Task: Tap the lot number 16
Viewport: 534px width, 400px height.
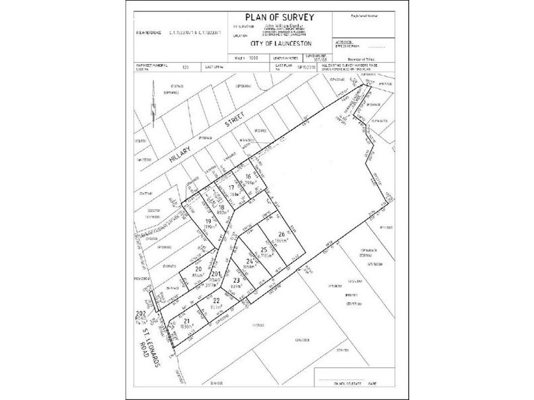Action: click(248, 176)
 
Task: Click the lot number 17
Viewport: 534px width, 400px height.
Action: click(232, 188)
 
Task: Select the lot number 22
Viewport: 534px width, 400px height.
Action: click(216, 300)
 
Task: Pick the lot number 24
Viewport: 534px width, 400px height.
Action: click(250, 262)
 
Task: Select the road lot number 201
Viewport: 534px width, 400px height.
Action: click(216, 274)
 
